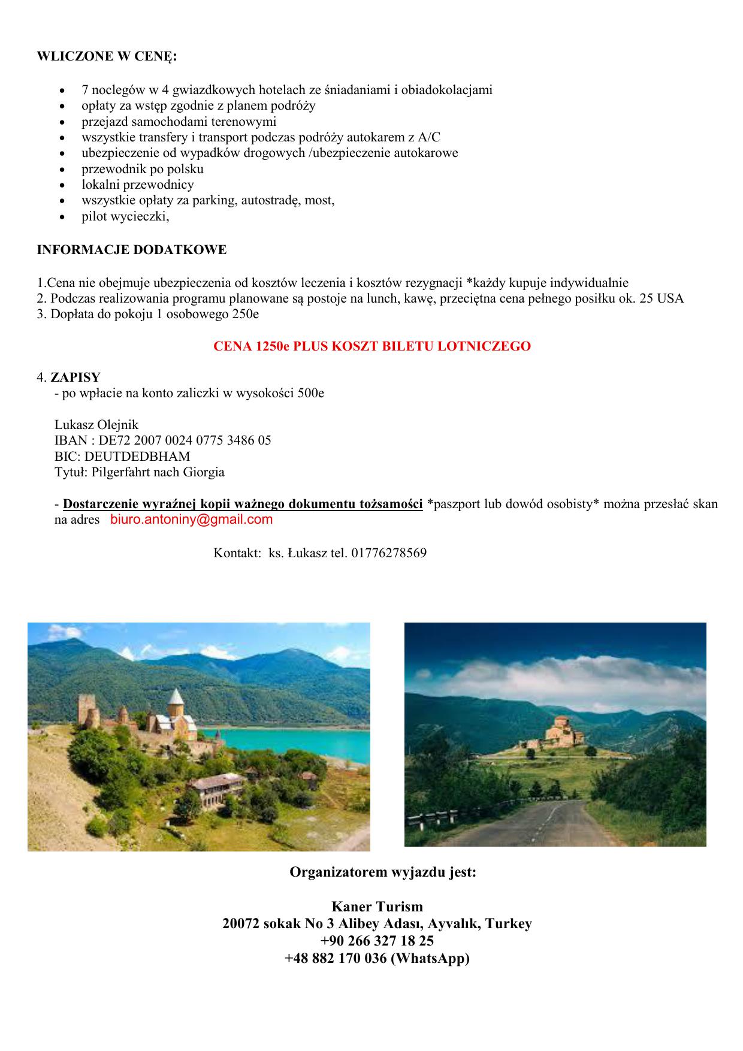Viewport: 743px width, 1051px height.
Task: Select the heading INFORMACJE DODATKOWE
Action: pyautogui.click(x=132, y=250)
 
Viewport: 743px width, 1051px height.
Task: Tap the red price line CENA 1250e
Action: pyautogui.click(x=371, y=346)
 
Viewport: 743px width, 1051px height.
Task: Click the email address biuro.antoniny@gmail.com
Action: pyautogui.click(x=191, y=520)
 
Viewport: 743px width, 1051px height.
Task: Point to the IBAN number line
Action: pyautogui.click(x=162, y=440)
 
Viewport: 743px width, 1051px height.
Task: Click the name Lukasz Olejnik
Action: pyautogui.click(x=96, y=425)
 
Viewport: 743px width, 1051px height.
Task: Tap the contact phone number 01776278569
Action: pyautogui.click(x=389, y=553)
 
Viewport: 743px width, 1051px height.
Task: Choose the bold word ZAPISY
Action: pyautogui.click(x=75, y=377)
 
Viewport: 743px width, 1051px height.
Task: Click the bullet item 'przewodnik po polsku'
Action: pyautogui.click(x=143, y=169)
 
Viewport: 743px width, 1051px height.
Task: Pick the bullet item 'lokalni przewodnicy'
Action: pyautogui.click(x=138, y=185)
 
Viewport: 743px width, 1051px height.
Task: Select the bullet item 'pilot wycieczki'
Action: pyautogui.click(x=125, y=216)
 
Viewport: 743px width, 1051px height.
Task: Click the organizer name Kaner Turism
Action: pyautogui.click(x=377, y=907)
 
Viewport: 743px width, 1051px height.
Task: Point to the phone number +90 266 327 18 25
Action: pyautogui.click(x=377, y=941)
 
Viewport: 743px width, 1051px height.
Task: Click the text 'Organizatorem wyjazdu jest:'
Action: pyautogui.click(x=383, y=872)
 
